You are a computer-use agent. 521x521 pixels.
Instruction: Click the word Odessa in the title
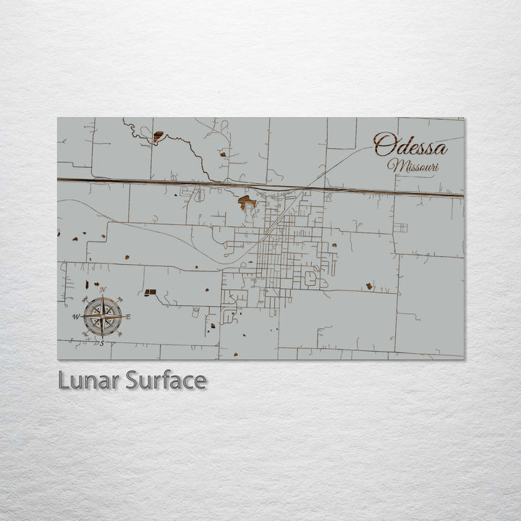pos(410,145)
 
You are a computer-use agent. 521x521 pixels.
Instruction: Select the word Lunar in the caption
pos(89,380)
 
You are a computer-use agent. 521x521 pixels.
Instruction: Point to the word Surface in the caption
pos(166,380)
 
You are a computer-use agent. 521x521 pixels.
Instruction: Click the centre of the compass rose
pos(102,315)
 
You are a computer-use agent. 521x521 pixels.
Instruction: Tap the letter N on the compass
pos(102,290)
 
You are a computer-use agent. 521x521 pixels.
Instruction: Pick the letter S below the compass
pos(102,343)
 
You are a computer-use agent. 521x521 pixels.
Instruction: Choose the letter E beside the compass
pos(129,316)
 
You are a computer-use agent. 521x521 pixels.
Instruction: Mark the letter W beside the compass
pos(75,316)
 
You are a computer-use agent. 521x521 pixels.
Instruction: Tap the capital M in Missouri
pos(395,165)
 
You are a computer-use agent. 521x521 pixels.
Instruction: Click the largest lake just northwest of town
pos(247,202)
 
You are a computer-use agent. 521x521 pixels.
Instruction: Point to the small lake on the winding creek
pos(158,135)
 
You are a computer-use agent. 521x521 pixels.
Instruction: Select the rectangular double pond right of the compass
pos(151,292)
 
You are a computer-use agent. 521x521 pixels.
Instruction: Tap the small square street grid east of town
pos(400,227)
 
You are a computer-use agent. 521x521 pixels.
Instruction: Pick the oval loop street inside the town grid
pos(310,278)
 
